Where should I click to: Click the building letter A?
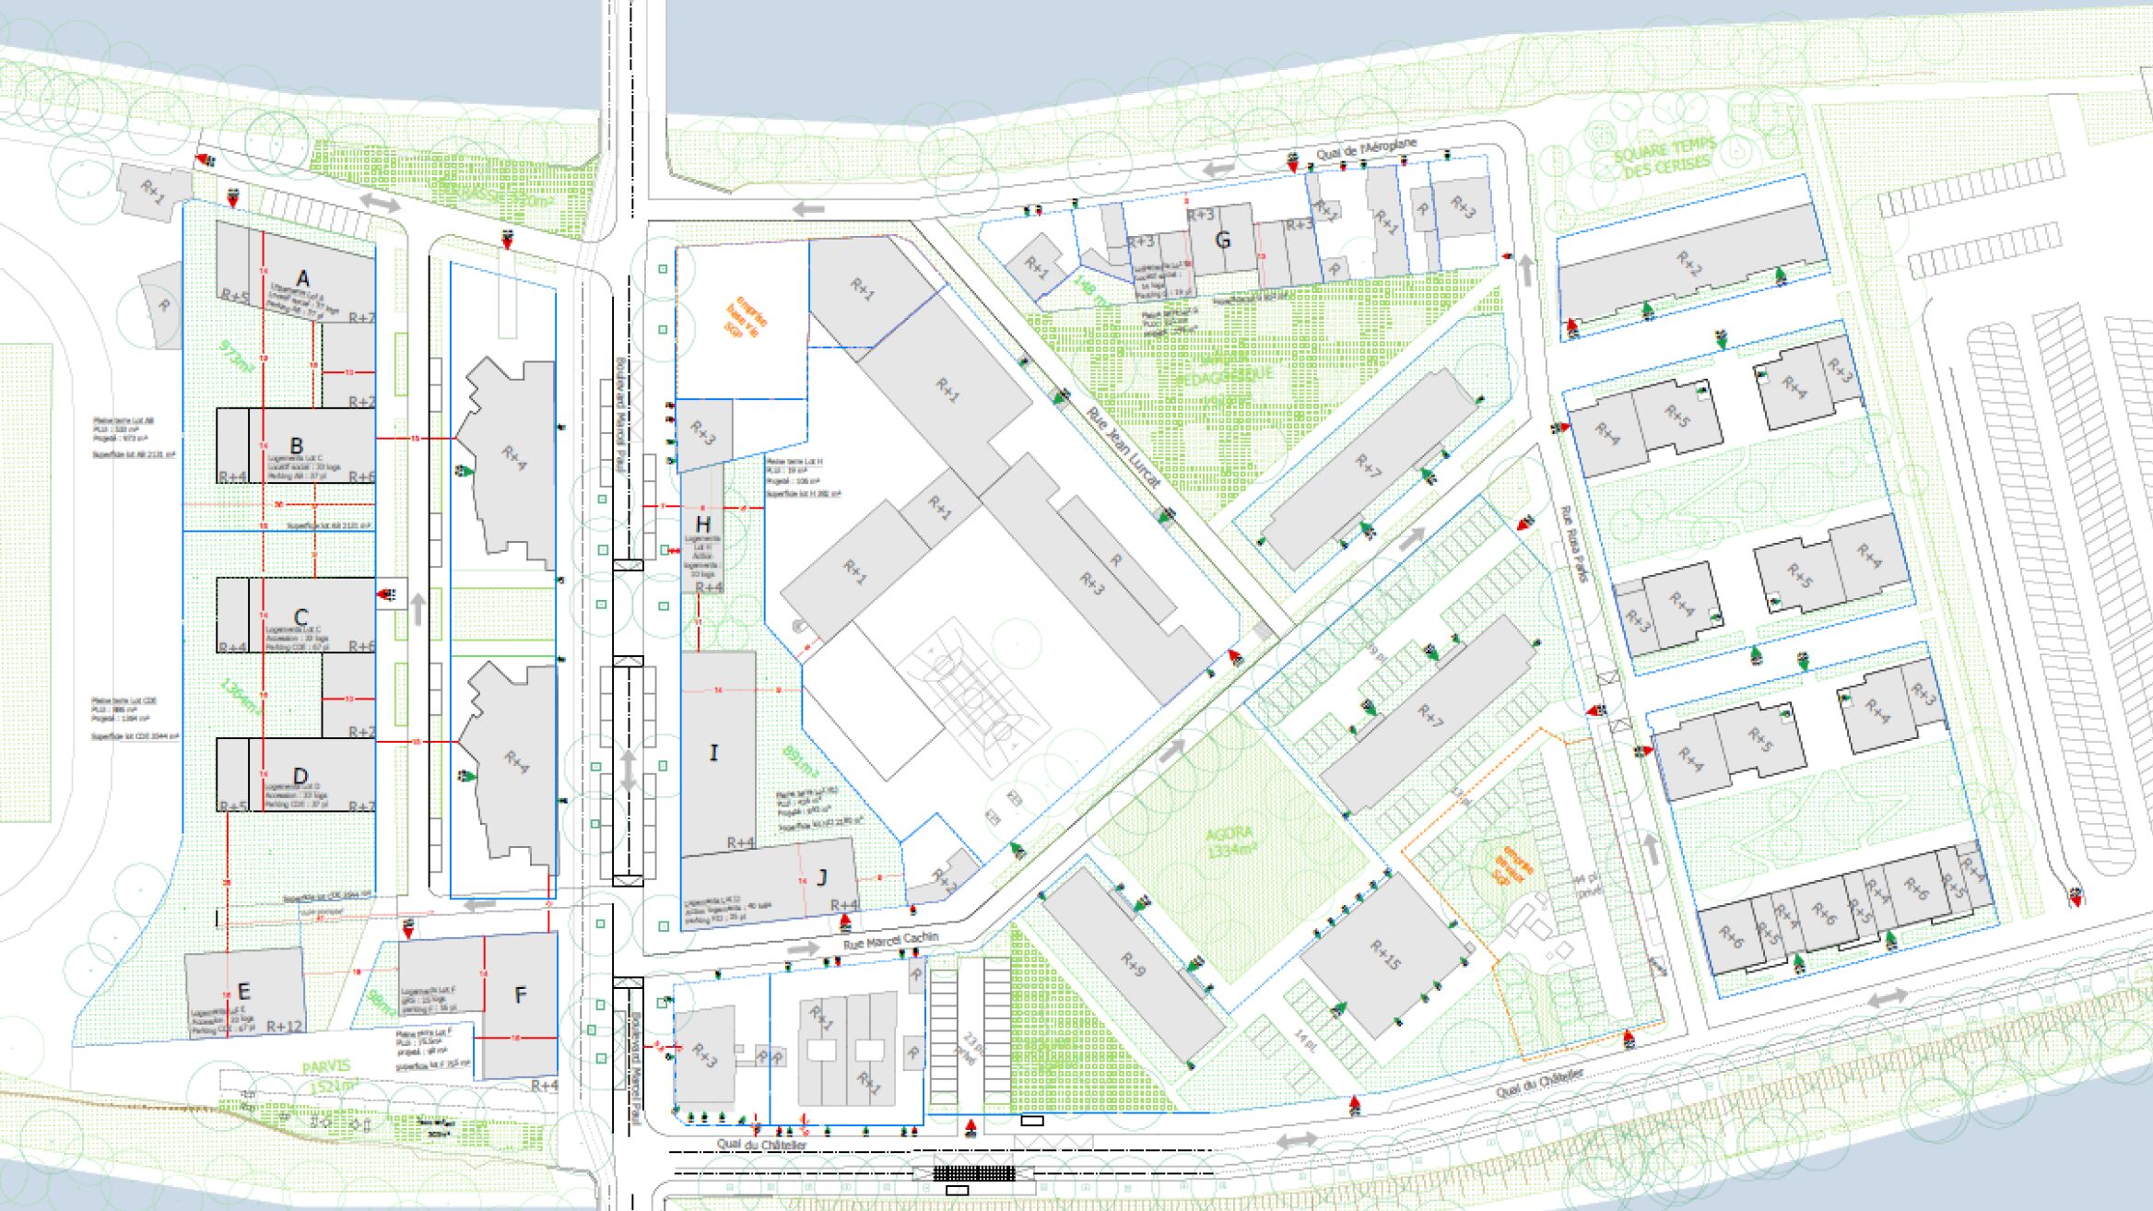tap(302, 279)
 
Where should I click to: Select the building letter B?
tap(297, 446)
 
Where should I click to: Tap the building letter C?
tap(301, 617)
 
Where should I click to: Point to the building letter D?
tap(300, 776)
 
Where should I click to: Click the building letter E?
tap(244, 992)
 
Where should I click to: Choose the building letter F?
tap(521, 995)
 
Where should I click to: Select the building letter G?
tap(1223, 241)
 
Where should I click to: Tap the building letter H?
tap(703, 526)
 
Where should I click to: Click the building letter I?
tap(713, 753)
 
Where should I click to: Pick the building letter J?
tap(822, 876)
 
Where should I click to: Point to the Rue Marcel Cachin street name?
tap(890, 940)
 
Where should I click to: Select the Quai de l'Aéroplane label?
tap(1366, 149)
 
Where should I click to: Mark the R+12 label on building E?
tap(284, 1026)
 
